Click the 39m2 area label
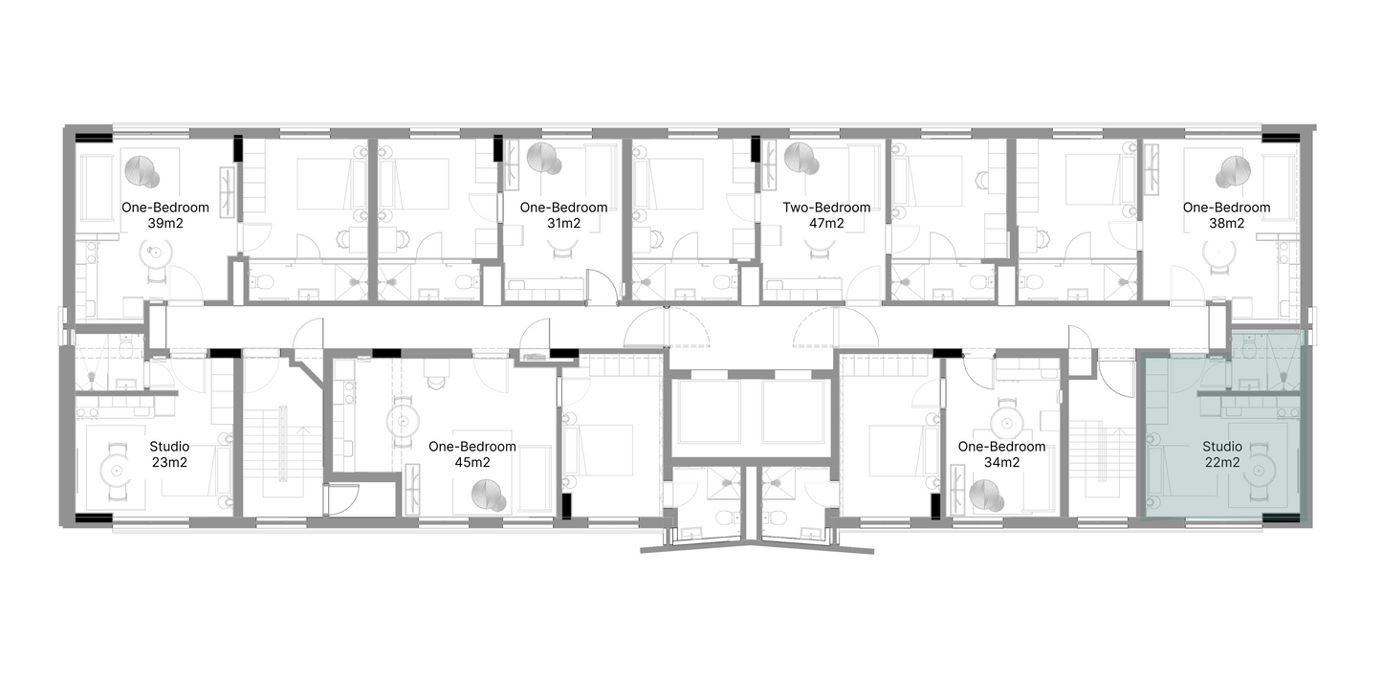tap(165, 224)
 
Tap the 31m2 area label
tap(563, 224)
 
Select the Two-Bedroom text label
tap(826, 208)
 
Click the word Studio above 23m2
tap(169, 447)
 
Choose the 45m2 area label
tap(472, 463)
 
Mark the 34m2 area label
tap(1001, 463)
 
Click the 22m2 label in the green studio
tap(1222, 463)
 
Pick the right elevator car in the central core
tap(794, 412)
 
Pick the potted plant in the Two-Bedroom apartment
tap(801, 159)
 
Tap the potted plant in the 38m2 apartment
tap(1232, 172)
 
